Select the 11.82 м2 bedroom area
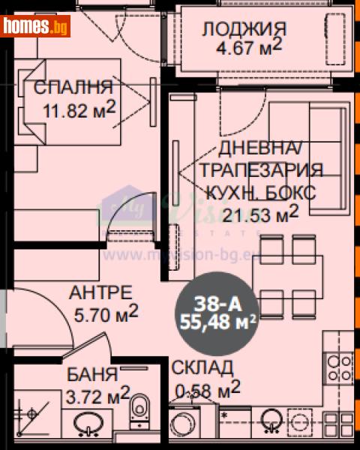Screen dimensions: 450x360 pyautogui.click(x=79, y=109)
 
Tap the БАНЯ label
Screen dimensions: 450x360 pyautogui.click(x=91, y=373)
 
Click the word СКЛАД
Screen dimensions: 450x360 pyautogui.click(x=202, y=367)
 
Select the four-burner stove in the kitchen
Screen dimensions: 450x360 pyautogui.click(x=337, y=365)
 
